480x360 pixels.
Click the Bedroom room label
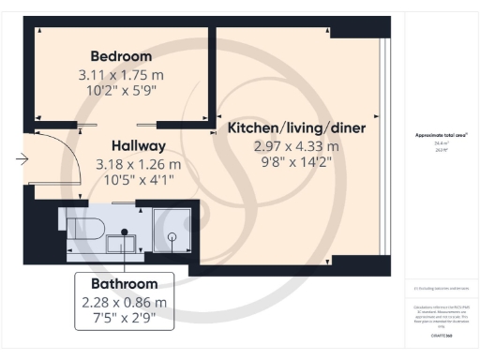tap(122, 55)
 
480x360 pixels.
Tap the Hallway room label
tap(138, 146)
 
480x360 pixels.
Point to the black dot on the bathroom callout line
tap(124, 232)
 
